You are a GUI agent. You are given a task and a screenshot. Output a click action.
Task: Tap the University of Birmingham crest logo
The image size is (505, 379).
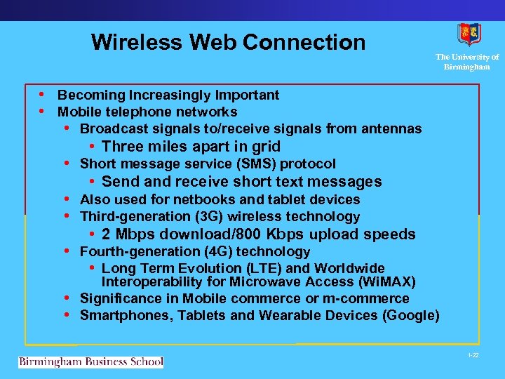coord(469,34)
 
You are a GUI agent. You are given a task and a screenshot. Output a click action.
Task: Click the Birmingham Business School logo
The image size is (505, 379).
coord(90,362)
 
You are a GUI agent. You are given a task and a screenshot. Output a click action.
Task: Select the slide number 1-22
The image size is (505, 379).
coord(473,356)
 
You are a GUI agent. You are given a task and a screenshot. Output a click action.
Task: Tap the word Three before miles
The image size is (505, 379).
coord(121,147)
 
